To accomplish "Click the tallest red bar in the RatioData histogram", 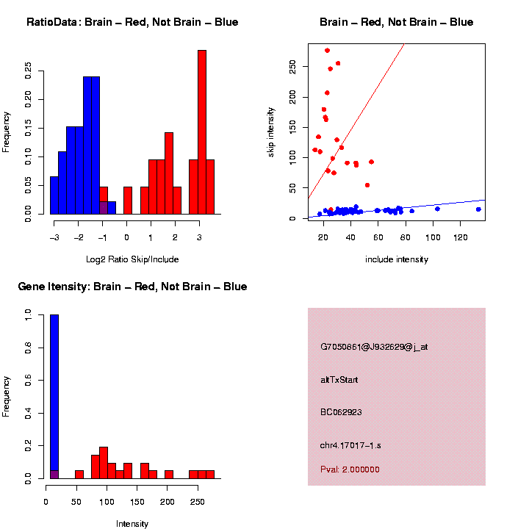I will [202, 132].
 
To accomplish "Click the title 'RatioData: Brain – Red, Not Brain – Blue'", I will [132, 22].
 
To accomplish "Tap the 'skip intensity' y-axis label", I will [271, 131].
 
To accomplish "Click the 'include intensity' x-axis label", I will [397, 259].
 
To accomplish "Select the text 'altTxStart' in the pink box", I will [339, 380].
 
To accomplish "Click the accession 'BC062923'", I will [341, 412].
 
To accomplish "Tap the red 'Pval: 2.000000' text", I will [350, 469].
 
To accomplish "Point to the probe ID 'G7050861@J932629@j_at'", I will [373, 347].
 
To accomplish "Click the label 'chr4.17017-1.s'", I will [350, 445].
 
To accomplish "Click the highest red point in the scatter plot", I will [327, 50].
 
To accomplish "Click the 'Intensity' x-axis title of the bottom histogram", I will [132, 524].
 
